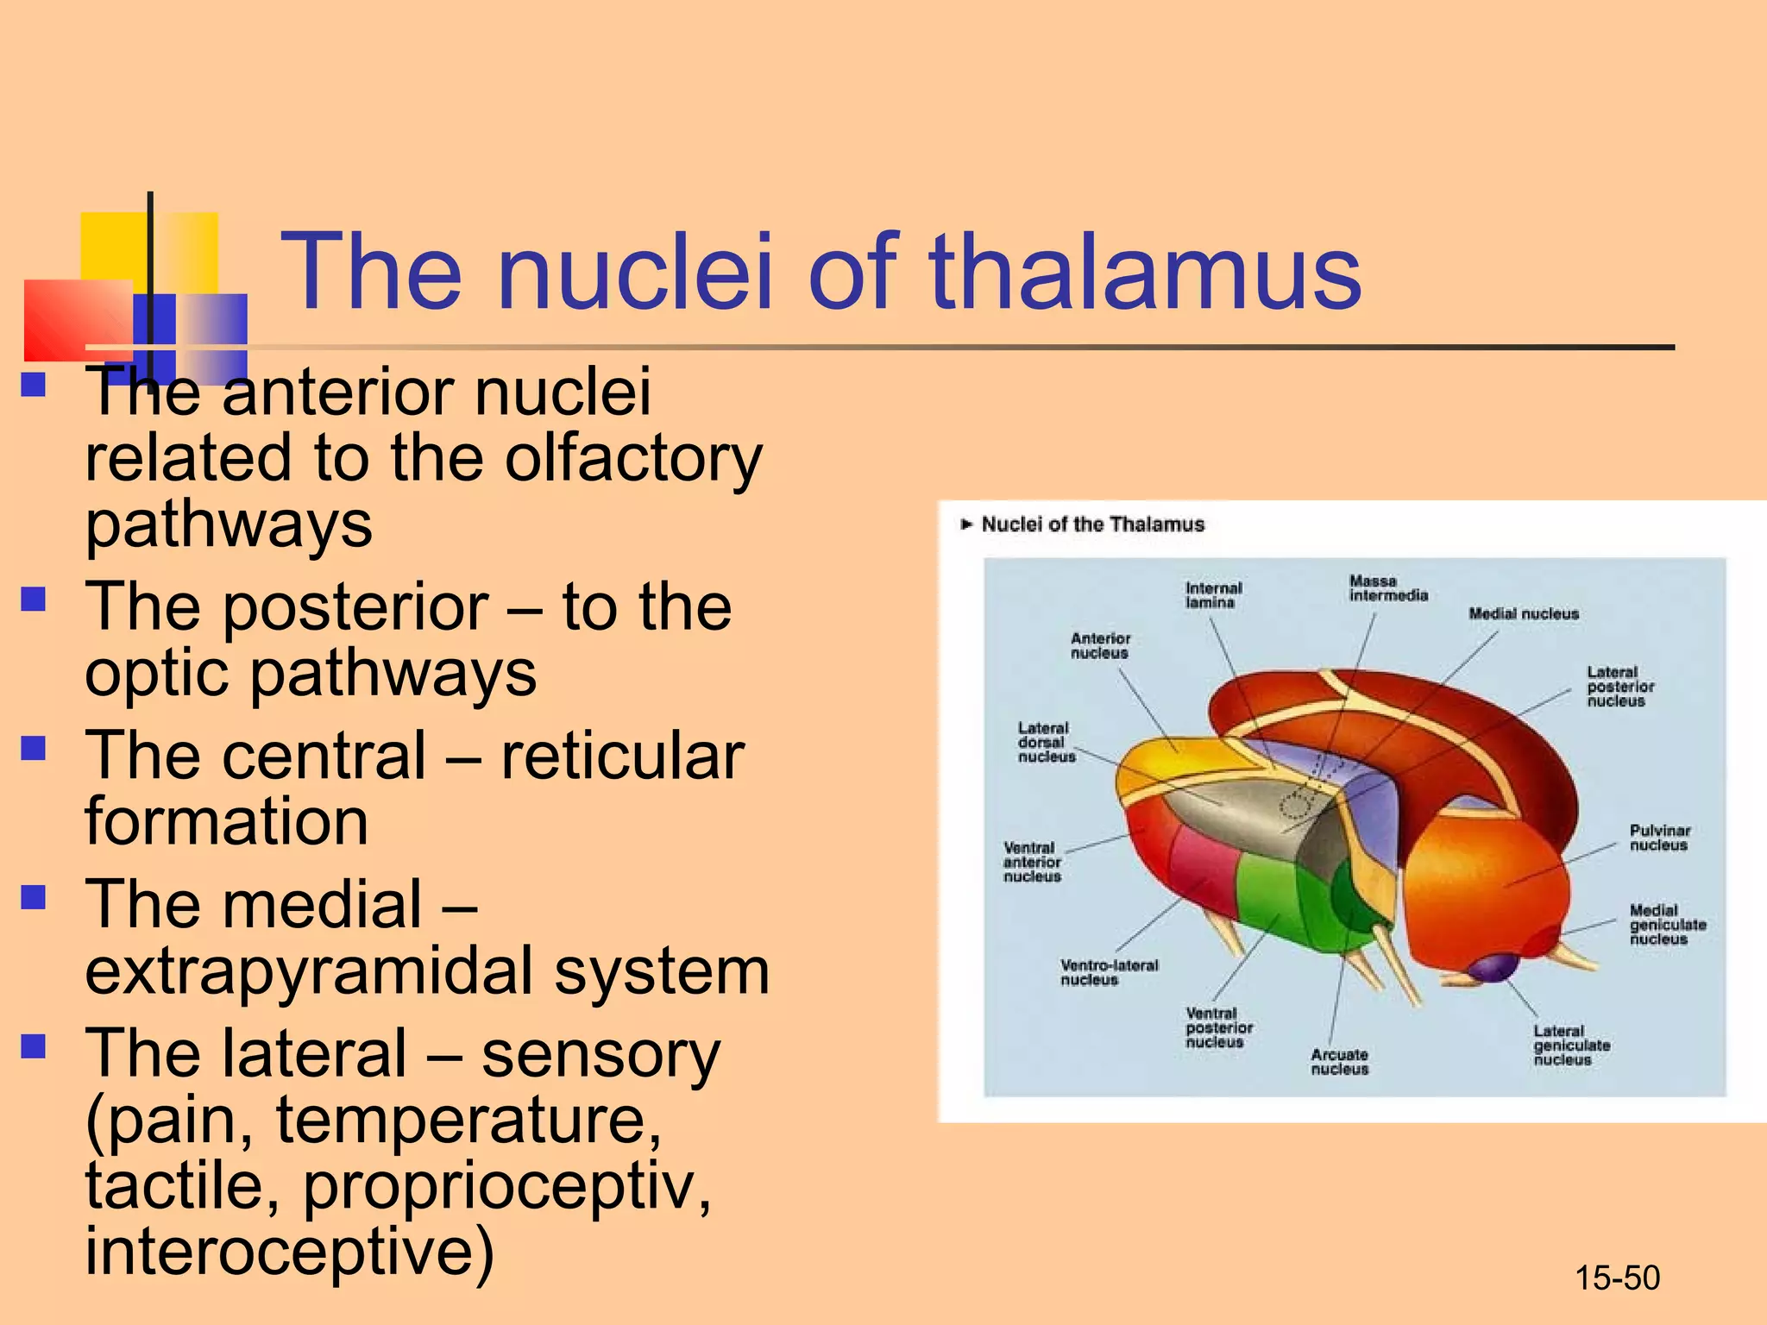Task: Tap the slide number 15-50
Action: [1617, 1278]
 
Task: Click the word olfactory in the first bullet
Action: [633, 458]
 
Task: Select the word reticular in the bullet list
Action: [622, 756]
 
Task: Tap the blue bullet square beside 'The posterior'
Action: [34, 599]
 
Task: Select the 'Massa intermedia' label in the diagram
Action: [1387, 588]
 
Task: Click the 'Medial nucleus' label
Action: [1524, 614]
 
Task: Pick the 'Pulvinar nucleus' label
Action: [1659, 838]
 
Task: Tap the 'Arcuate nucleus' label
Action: [1339, 1062]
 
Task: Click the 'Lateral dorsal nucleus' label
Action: [1046, 743]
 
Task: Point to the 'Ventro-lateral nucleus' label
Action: [1108, 972]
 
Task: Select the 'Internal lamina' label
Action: [1213, 595]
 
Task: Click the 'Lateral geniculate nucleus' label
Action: [1570, 1046]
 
